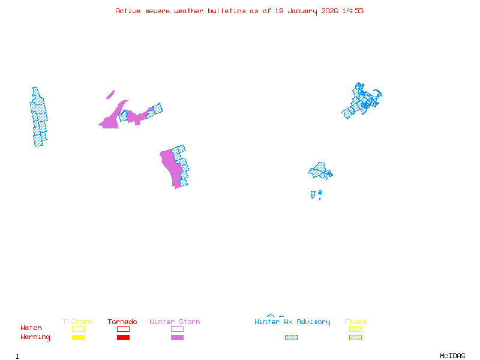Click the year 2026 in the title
329,11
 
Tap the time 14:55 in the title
353,11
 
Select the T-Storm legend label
77,322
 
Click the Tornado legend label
122,322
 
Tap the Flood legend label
355,322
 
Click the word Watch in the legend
31,328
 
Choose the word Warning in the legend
35,337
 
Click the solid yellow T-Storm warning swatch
78,338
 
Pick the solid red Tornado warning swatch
123,338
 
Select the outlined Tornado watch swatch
123,329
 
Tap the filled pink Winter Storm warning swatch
177,338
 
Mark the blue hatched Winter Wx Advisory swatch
291,338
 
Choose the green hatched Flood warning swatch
355,338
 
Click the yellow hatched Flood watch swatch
355,329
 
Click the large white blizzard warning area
23,124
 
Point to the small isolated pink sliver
110,94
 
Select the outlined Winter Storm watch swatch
177,329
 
